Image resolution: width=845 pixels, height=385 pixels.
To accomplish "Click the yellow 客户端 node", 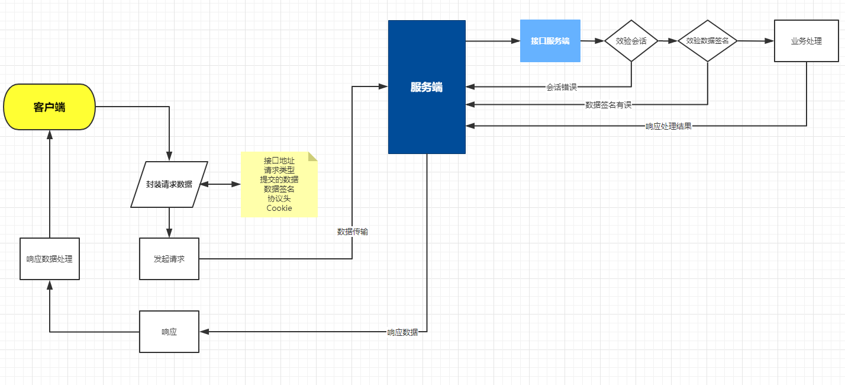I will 49,107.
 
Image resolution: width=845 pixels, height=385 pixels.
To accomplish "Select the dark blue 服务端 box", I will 427,87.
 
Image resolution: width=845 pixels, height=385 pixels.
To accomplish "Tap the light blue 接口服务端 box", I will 550,41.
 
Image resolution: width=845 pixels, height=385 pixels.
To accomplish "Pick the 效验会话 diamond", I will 631,41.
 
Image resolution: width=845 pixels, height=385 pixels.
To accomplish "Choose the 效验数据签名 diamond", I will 708,41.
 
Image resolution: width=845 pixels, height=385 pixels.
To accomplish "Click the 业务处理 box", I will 806,41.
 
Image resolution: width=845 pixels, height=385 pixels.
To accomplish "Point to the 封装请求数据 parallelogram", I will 169,184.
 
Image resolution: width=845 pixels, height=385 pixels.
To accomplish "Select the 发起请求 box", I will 169,259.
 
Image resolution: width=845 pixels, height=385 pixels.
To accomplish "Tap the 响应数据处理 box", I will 50,259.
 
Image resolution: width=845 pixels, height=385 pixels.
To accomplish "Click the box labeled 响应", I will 169,332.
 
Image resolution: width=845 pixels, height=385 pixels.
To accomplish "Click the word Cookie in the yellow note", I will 279,208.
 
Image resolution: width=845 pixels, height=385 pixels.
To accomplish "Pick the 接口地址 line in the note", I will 279,161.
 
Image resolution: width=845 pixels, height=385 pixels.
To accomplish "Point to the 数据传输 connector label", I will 353,232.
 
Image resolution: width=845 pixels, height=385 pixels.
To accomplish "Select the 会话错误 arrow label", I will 562,87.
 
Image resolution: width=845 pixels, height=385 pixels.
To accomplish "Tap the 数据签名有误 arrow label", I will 608,105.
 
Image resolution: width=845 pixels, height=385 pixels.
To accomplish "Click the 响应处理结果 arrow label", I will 669,126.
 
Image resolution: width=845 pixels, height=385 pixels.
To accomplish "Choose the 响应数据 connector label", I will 402,332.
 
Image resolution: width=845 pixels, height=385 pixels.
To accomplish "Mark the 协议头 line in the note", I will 279,198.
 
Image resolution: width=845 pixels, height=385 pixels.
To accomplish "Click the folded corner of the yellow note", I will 313,156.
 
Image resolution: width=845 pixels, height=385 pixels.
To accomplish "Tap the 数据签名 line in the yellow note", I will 279,189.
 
